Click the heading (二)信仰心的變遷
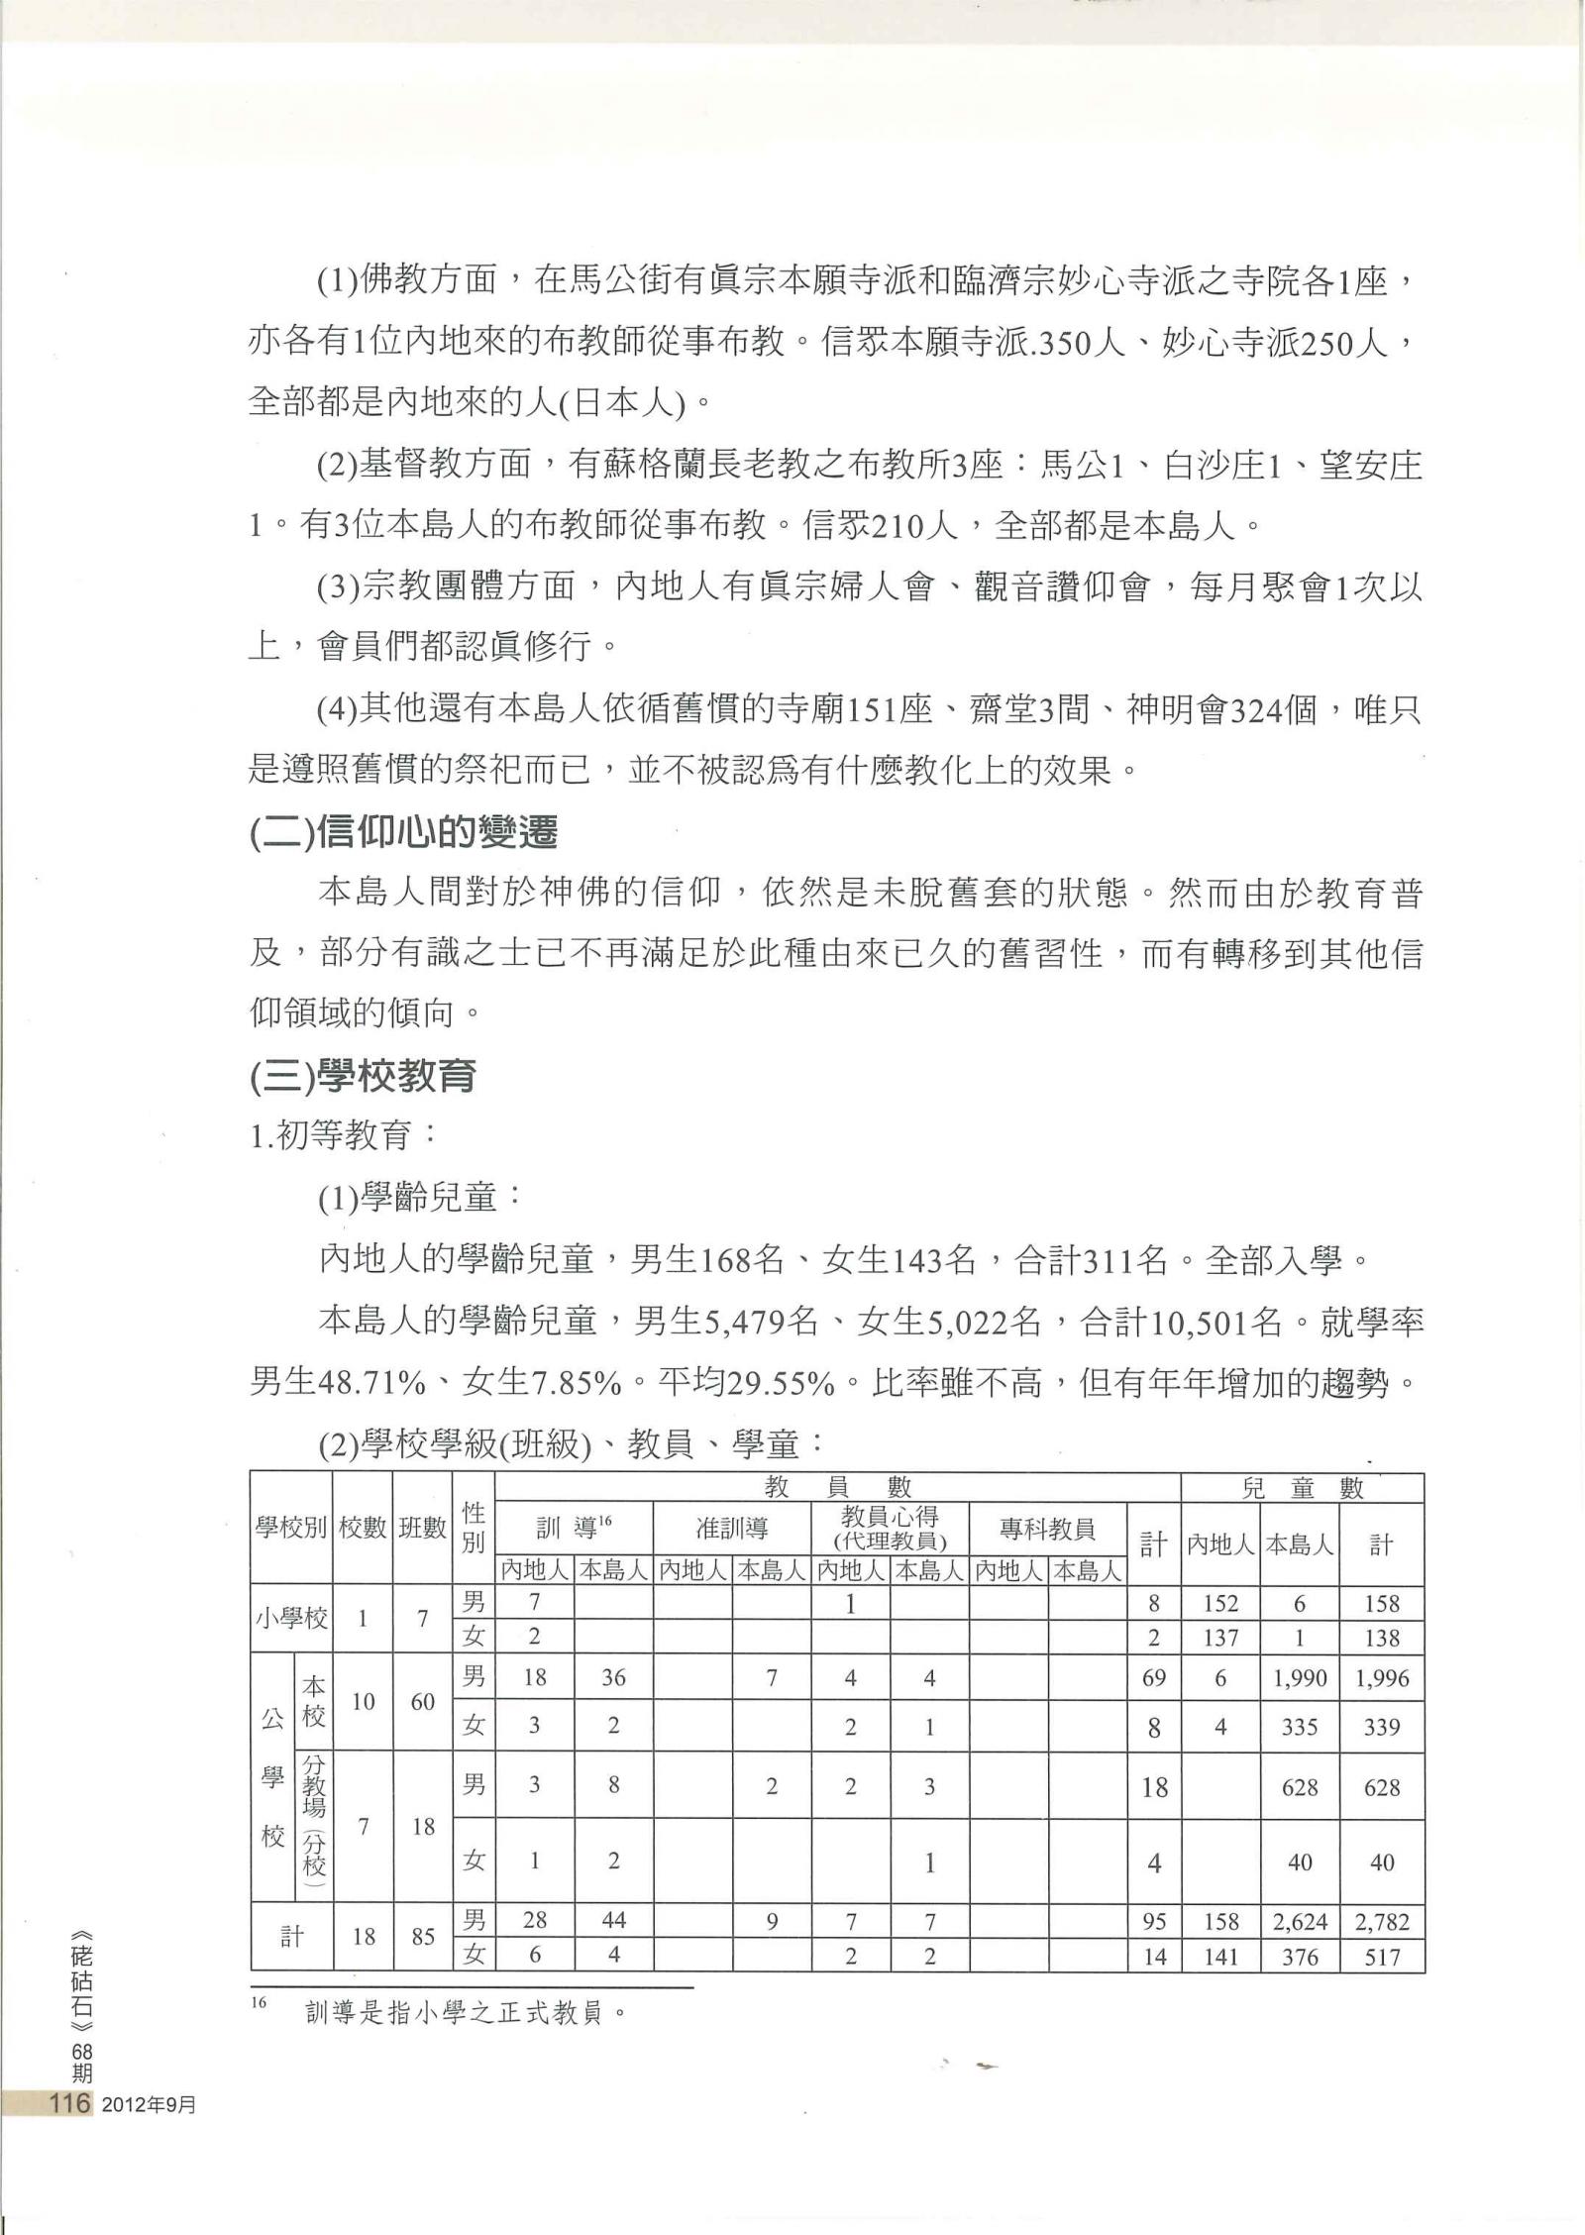(403, 833)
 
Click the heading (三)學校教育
(363, 1077)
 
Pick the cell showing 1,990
(1299, 1678)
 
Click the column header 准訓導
(732, 1529)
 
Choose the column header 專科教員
(1048, 1529)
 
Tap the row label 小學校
(291, 1619)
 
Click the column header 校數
(363, 1529)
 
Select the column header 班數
(422, 1529)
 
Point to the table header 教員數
(837, 1487)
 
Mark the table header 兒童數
(1302, 1487)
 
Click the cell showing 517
(1381, 1957)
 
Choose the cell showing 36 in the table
(613, 1678)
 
